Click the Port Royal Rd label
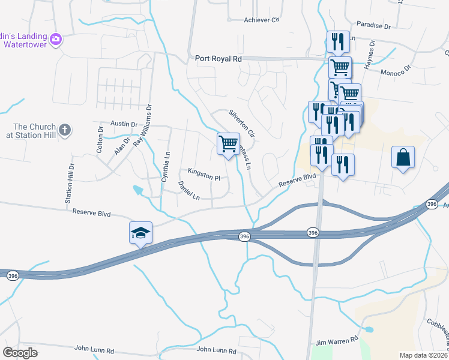(218, 59)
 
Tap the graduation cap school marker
(140, 233)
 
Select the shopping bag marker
(403, 158)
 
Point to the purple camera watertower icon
(56, 39)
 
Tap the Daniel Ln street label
(188, 191)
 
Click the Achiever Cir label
(262, 20)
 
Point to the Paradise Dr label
(373, 26)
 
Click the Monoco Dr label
(394, 71)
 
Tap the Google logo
(20, 353)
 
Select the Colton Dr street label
(100, 142)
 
